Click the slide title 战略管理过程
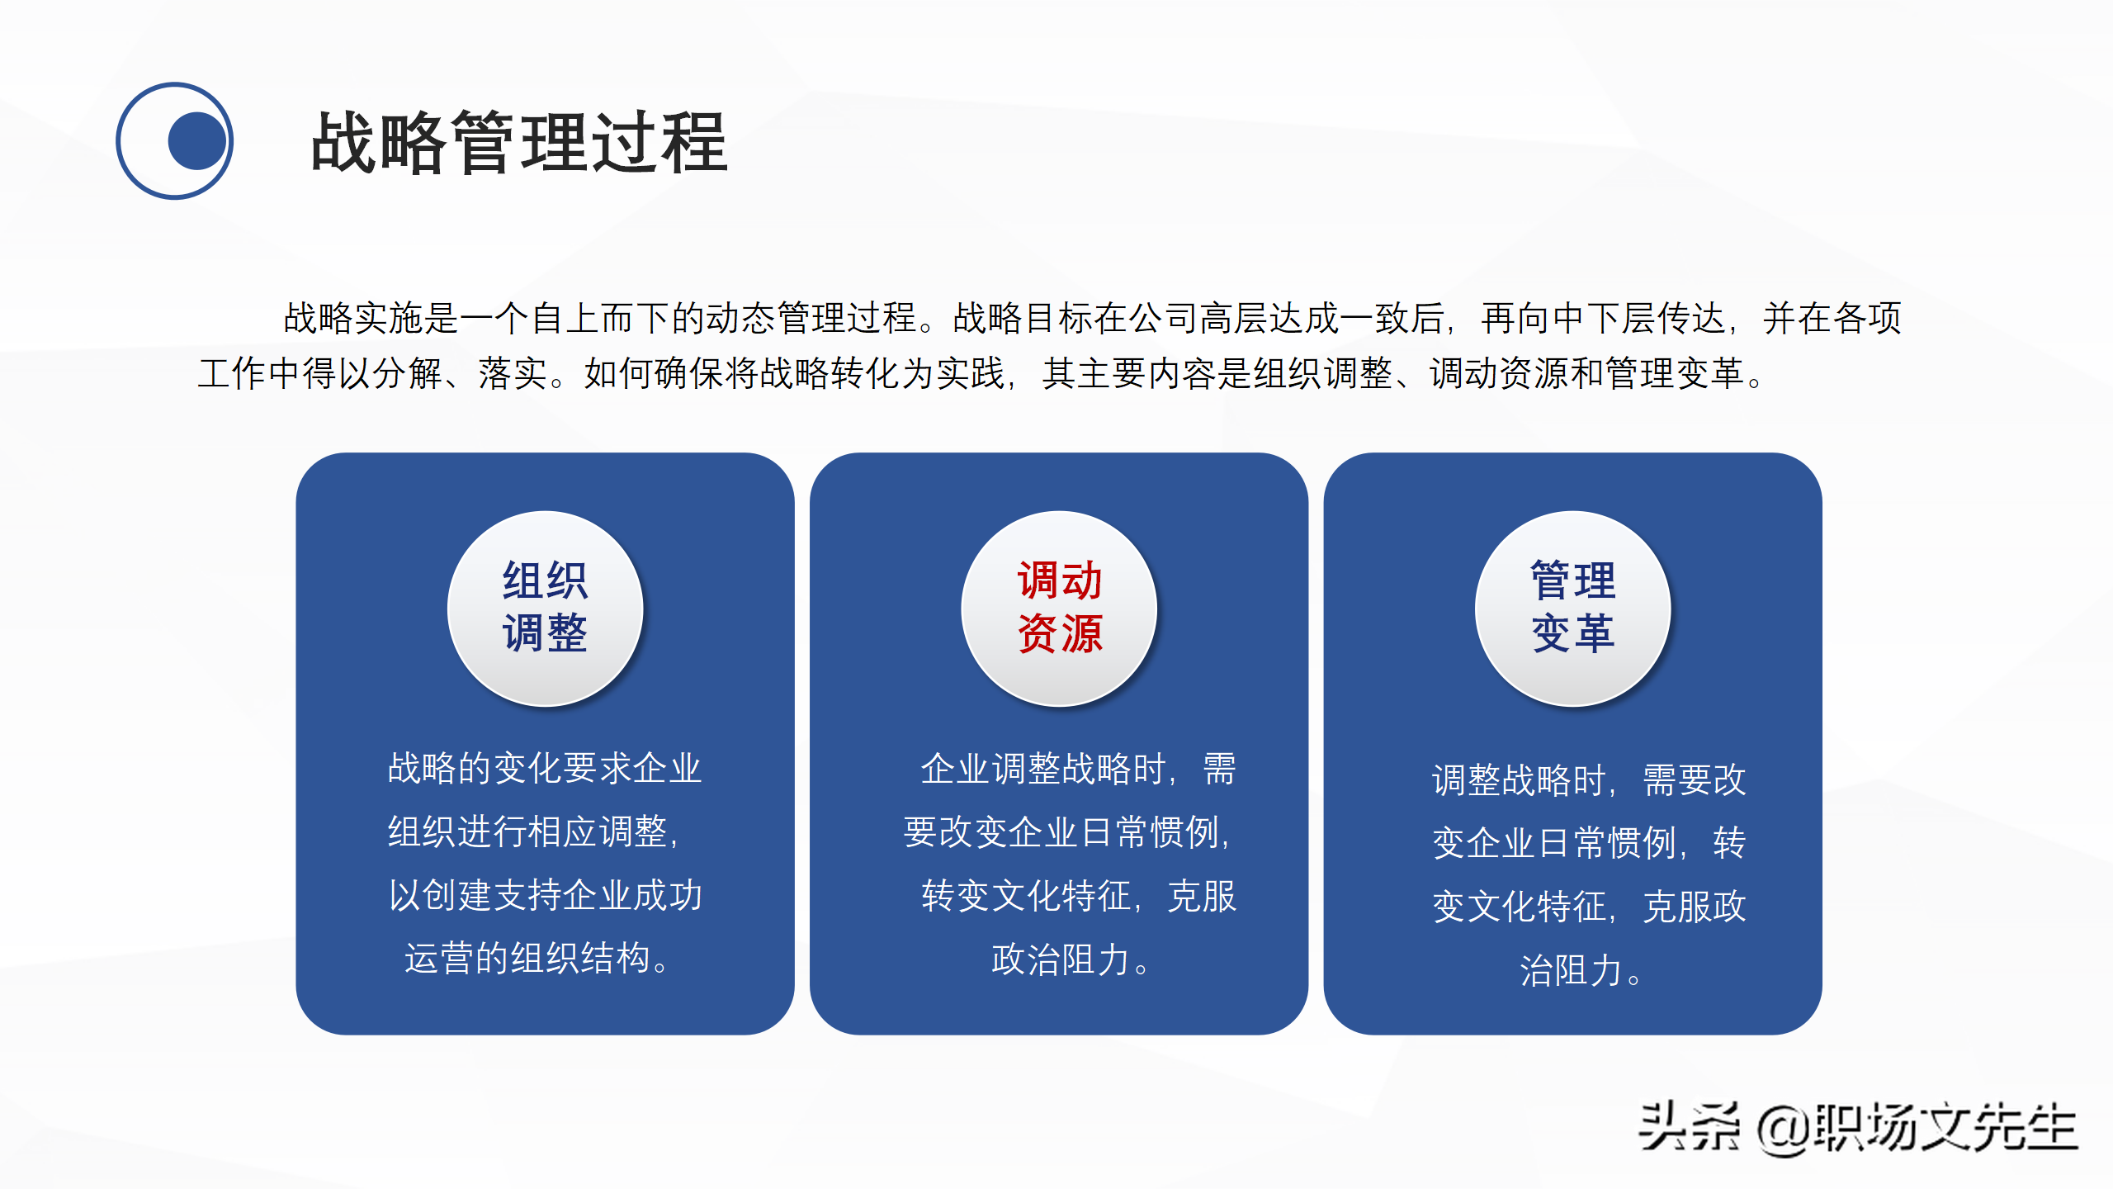(x=519, y=143)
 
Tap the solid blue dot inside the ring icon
(x=196, y=141)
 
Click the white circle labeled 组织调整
(x=545, y=609)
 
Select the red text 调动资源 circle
(x=1059, y=609)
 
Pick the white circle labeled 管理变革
(x=1572, y=609)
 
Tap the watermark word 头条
(x=1688, y=1126)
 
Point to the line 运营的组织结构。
(x=538, y=959)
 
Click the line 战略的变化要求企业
(x=545, y=769)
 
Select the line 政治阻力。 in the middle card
(x=1070, y=960)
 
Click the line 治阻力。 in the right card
(x=1581, y=971)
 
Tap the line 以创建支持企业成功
(x=545, y=896)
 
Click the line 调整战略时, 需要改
(x=1589, y=780)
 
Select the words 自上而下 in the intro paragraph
(x=600, y=319)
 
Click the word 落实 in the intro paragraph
(x=513, y=374)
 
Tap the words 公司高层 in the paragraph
(x=1198, y=319)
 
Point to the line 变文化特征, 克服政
(x=1589, y=907)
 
